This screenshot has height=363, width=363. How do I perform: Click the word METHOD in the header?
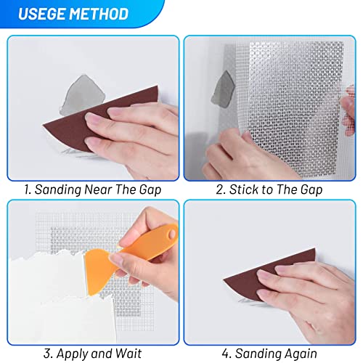96,14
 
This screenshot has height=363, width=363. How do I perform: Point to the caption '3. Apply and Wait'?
92,354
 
